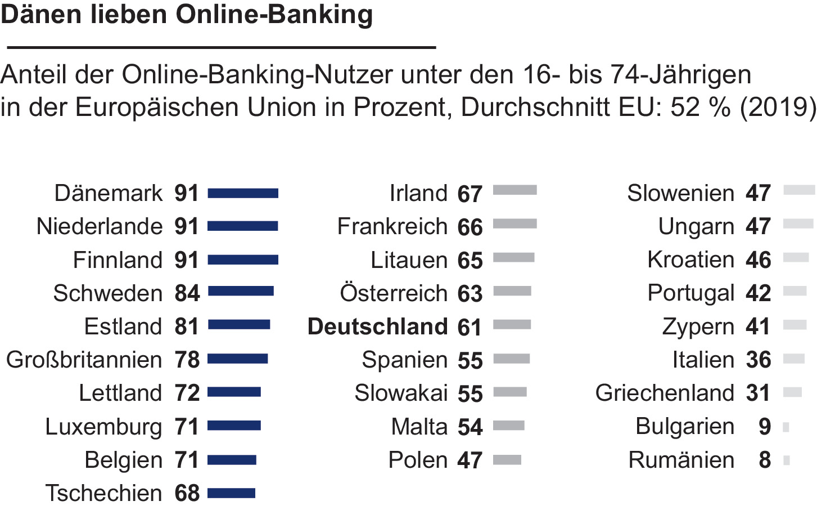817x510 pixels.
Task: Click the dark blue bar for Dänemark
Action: pyautogui.click(x=243, y=193)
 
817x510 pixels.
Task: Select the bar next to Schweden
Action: pyautogui.click(x=241, y=291)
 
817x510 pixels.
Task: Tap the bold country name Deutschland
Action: pyautogui.click(x=377, y=326)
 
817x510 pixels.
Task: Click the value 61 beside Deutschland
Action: pyautogui.click(x=470, y=328)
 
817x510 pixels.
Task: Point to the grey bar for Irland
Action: pyautogui.click(x=514, y=190)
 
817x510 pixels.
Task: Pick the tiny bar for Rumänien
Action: pyautogui.click(x=787, y=460)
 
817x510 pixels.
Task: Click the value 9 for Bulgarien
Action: pyautogui.click(x=764, y=427)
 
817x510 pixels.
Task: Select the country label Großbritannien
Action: pyautogui.click(x=84, y=360)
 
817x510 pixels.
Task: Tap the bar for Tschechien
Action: pyautogui.click(x=231, y=493)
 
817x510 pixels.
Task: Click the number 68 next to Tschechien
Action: pyautogui.click(x=187, y=493)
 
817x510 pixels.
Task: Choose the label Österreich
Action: pyautogui.click(x=394, y=293)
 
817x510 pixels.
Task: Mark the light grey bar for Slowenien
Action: pyautogui.click(x=799, y=190)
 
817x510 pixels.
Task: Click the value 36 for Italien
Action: pyautogui.click(x=759, y=360)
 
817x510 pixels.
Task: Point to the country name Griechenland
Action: pyautogui.click(x=665, y=393)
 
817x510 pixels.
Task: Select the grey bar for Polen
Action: pyautogui.click(x=507, y=460)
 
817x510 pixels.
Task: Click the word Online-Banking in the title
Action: pyautogui.click(x=274, y=15)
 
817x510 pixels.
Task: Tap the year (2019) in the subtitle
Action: pyautogui.click(x=778, y=107)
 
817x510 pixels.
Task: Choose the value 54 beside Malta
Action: pyautogui.click(x=470, y=427)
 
